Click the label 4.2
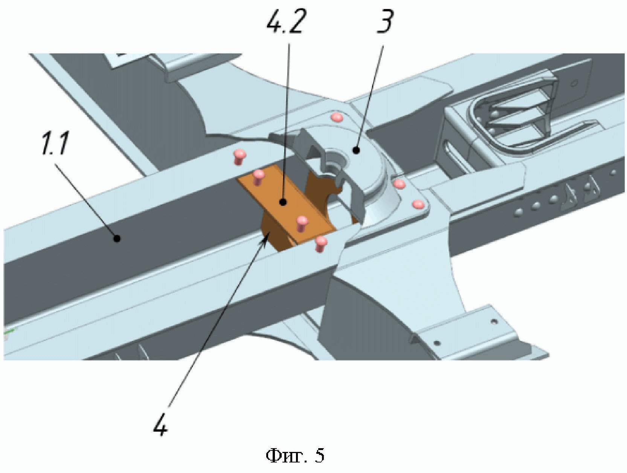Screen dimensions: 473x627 pos(285,21)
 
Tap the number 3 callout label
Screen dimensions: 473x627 pos(385,21)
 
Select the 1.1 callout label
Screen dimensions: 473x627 pos(55,145)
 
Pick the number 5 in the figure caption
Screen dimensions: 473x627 pos(319,456)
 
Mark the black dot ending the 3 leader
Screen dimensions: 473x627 pos(356,151)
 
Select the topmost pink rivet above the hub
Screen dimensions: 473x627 pos(337,118)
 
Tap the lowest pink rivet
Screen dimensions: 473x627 pos(320,243)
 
